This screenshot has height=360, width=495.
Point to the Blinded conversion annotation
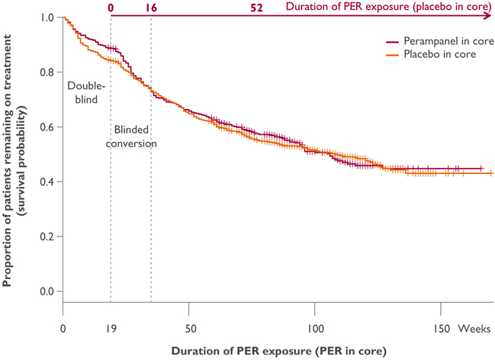pyautogui.click(x=135, y=137)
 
